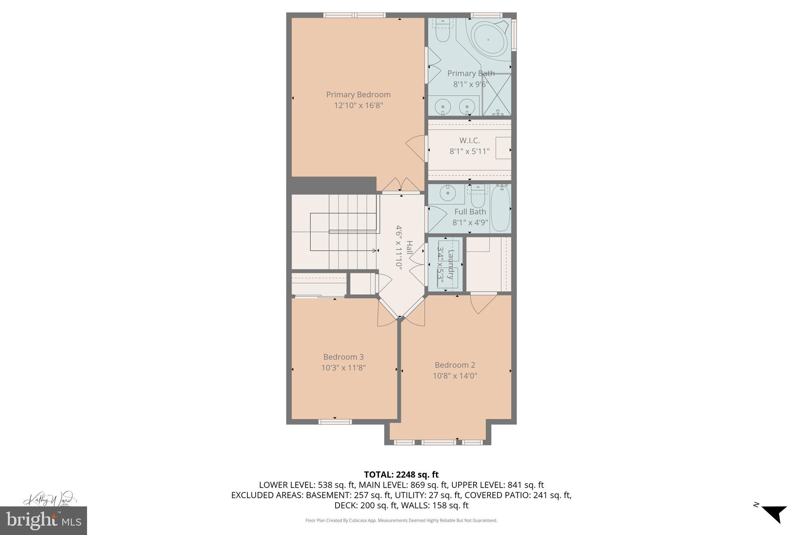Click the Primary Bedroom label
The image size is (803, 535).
(358, 94)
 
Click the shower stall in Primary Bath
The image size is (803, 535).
(497, 95)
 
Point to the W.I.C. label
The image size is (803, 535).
(469, 140)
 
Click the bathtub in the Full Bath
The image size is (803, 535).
(500, 209)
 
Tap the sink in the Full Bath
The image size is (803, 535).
(446, 193)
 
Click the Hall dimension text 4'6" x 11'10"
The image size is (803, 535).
(399, 247)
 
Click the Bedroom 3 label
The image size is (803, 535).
(343, 357)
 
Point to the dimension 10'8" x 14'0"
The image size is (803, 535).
(454, 376)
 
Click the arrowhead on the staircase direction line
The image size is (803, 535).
(374, 250)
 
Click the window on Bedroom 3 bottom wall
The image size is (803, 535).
(334, 422)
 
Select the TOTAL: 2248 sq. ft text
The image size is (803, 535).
(401, 475)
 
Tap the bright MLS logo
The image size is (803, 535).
(43, 520)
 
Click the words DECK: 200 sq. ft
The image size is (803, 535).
(365, 506)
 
